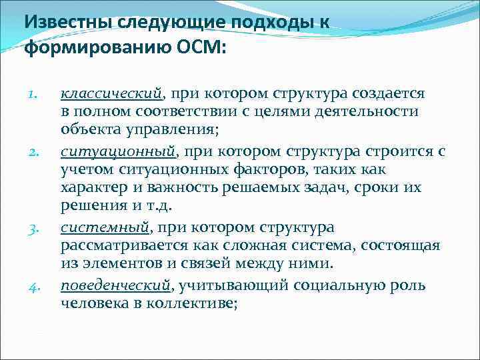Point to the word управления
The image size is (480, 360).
pyautogui.click(x=155, y=129)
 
